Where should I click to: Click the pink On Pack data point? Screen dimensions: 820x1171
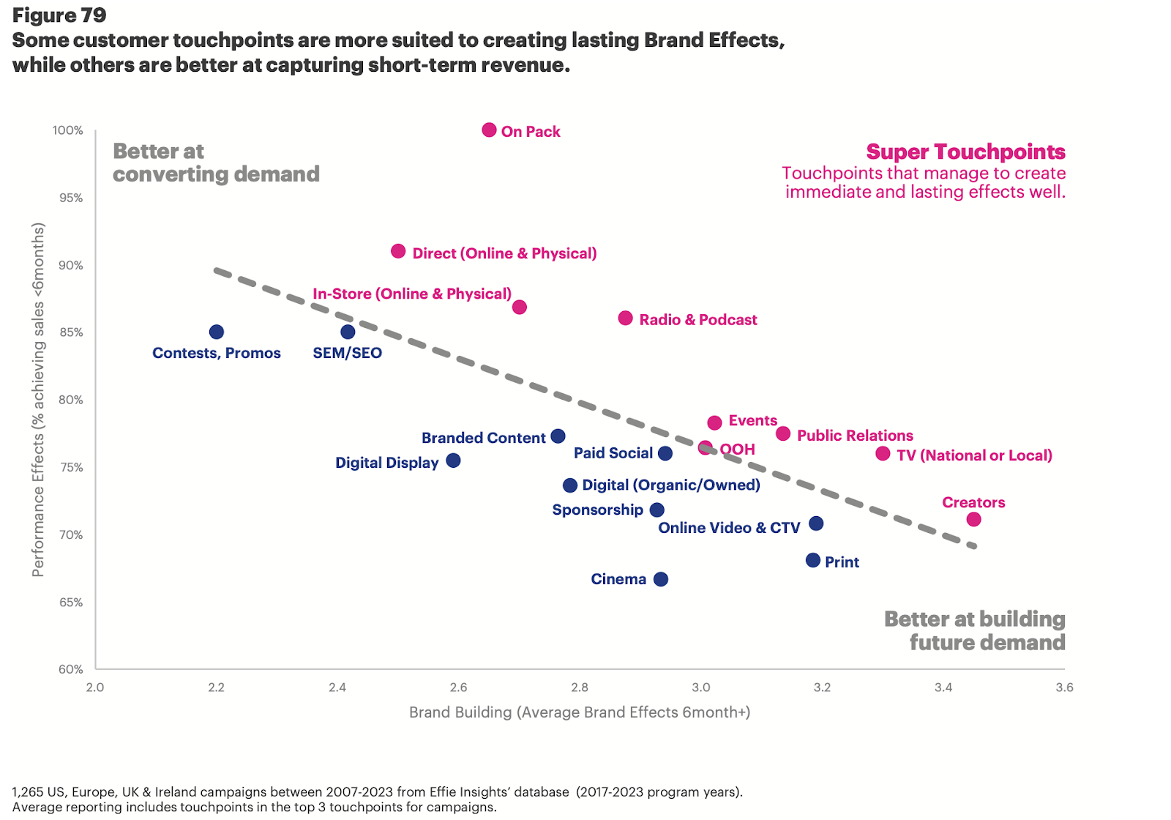point(490,130)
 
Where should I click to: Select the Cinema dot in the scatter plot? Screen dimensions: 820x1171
point(661,579)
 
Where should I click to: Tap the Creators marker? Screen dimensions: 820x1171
point(973,519)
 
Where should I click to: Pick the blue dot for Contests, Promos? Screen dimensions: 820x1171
point(216,332)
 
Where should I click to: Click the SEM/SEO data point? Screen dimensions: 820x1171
point(348,332)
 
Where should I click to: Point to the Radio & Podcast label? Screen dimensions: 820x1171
point(697,320)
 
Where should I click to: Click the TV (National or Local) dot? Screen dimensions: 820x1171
point(883,454)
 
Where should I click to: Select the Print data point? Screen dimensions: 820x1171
point(812,560)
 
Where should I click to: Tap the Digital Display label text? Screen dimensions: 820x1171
point(386,463)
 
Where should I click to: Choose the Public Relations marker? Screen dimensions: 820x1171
point(783,433)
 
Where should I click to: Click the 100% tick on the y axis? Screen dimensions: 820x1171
point(68,130)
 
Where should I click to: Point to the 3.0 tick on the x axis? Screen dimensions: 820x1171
point(700,687)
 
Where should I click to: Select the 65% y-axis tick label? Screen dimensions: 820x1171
point(71,603)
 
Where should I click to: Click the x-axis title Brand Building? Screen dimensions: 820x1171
point(579,712)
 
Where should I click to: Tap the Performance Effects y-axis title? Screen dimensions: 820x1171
point(38,400)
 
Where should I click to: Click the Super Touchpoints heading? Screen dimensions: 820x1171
point(965,152)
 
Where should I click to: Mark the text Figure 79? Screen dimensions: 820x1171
point(59,15)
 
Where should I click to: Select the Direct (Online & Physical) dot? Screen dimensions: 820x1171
point(398,251)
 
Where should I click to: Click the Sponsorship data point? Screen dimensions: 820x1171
point(657,510)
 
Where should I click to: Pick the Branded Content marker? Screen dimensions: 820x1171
point(558,436)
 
